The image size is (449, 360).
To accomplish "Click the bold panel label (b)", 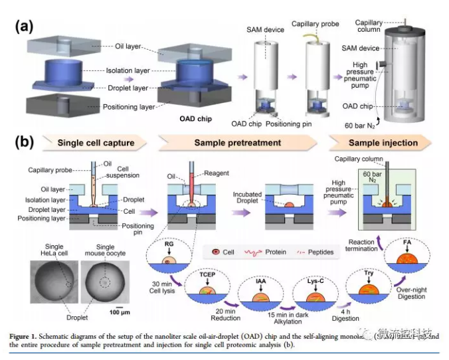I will pos(24,141).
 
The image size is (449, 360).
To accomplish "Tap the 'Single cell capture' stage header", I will pos(96,142).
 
